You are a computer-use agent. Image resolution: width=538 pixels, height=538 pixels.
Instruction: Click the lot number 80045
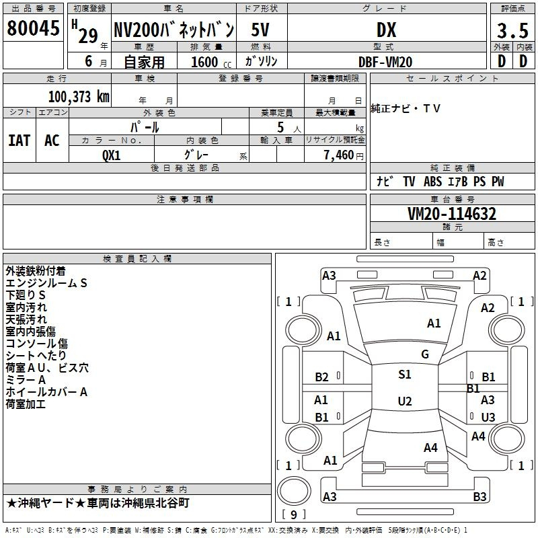coord(33,28)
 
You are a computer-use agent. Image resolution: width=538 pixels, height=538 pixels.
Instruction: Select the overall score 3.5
coord(512,31)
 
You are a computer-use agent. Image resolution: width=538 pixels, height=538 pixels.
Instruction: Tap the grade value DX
coord(386,30)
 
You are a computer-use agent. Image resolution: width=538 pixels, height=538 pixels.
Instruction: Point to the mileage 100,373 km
coord(79,97)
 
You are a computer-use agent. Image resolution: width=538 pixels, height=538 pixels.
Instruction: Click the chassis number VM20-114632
coord(452,214)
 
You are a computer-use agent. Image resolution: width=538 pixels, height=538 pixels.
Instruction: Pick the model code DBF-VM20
coord(385,62)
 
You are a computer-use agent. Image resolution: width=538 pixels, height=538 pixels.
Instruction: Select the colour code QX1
coord(112,155)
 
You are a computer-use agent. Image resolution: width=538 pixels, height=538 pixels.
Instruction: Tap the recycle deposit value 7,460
coord(339,155)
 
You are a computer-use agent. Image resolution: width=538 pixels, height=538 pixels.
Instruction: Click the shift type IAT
coord(20,141)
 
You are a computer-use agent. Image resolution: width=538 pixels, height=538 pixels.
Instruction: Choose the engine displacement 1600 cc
coord(210,62)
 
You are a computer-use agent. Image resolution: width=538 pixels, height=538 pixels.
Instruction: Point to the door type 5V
coord(260,30)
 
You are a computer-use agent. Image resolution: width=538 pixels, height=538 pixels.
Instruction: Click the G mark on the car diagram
coord(425,354)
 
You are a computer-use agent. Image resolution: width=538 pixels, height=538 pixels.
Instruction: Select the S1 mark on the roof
coord(405,375)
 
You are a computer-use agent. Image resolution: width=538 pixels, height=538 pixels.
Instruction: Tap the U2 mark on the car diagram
coord(405,401)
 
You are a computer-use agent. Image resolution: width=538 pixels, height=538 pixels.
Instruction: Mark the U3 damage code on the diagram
coord(488,417)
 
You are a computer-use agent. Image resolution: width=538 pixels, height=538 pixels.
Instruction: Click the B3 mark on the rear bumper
coord(479,496)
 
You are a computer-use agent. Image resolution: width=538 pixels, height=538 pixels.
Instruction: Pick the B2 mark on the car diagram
coord(322,377)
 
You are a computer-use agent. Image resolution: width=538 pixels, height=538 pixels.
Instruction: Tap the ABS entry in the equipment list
coord(432,182)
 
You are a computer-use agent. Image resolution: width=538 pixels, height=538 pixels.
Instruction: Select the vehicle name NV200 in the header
coord(137,30)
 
